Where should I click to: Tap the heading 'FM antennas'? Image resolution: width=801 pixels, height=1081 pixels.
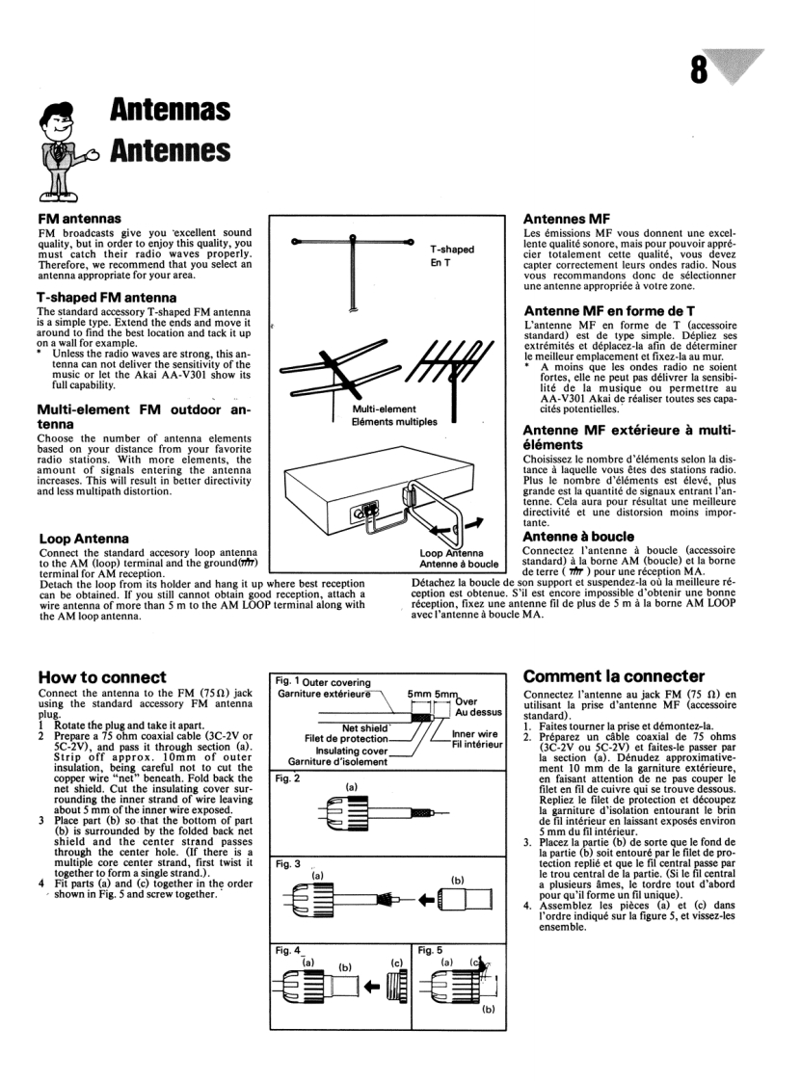[79, 220]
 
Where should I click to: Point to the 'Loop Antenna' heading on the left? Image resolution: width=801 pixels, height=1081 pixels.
[84, 539]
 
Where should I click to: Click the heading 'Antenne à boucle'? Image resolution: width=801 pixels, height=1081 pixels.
[579, 536]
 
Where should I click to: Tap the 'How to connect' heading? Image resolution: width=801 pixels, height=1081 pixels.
[102, 676]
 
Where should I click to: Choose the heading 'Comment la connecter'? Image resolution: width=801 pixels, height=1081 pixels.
[614, 675]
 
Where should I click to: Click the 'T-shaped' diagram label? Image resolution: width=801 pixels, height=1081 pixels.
[452, 250]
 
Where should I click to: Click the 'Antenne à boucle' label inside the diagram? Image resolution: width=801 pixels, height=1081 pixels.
[459, 565]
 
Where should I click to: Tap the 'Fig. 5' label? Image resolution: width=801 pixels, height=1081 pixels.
[433, 950]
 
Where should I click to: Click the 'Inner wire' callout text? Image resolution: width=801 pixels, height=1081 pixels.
[475, 734]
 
